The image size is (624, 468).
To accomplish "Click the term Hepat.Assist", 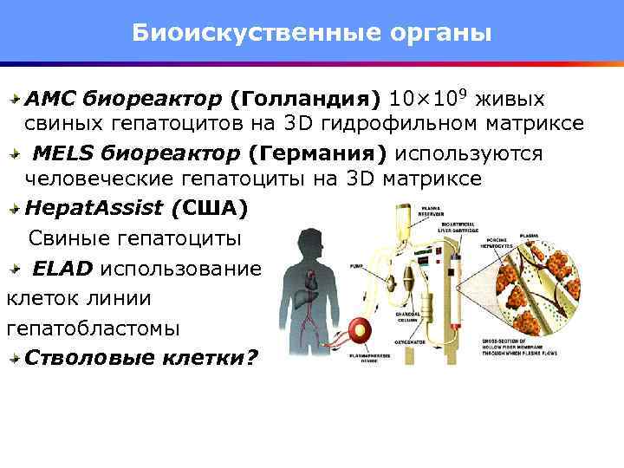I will tap(94, 209).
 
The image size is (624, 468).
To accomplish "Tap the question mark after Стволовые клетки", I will tap(251, 357).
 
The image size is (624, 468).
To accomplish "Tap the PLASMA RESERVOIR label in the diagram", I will tap(433, 211).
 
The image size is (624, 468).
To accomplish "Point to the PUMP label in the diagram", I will tap(356, 266).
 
